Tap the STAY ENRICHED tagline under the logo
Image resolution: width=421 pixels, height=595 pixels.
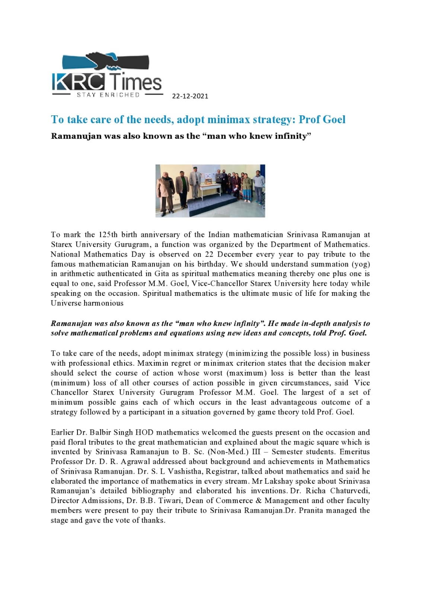click(108, 95)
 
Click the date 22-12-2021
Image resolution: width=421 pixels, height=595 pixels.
click(190, 96)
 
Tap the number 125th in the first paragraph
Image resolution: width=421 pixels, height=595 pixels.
click(108, 235)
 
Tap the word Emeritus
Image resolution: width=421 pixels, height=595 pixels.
click(354, 452)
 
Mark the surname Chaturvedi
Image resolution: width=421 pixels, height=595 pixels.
click(350, 491)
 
